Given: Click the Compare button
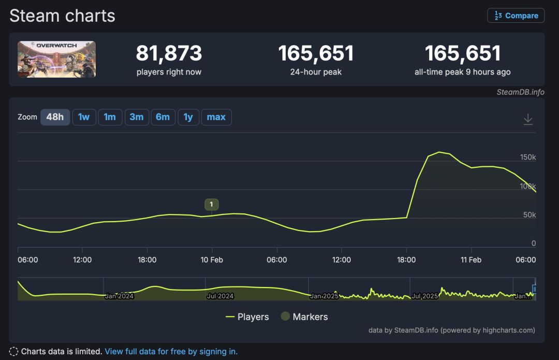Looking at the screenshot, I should click(516, 16).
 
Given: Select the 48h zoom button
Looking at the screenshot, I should click(55, 117).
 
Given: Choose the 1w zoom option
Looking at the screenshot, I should click(84, 117).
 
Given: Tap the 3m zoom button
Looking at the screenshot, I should click(137, 117).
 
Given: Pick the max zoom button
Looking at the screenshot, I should click(216, 117).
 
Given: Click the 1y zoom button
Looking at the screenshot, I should click(188, 117).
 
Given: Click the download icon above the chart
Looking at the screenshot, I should click(528, 119).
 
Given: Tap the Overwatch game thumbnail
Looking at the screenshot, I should click(56, 60).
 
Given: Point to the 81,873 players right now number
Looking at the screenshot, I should click(169, 53).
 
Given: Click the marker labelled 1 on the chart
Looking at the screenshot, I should click(211, 205).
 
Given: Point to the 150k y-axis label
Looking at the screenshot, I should click(528, 157).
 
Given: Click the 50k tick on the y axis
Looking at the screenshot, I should click(529, 215).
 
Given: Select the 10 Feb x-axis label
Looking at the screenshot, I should click(212, 260).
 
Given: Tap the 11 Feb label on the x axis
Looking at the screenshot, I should click(471, 260).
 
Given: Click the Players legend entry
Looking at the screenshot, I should click(247, 317).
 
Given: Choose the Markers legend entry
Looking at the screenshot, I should click(304, 317).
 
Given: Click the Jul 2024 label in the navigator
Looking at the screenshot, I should click(220, 296).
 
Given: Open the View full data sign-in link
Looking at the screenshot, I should click(171, 352).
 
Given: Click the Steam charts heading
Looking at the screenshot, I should click(62, 16).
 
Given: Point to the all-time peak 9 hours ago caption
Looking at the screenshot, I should click(462, 72).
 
